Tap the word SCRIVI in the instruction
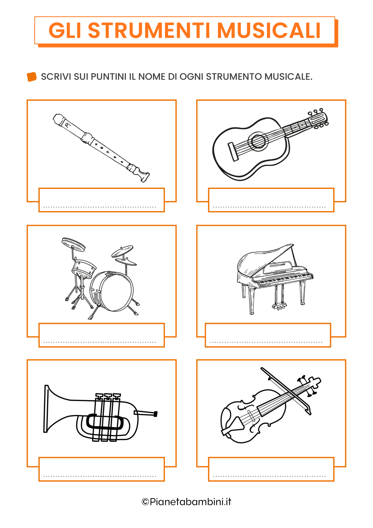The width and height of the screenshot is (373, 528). tap(56, 77)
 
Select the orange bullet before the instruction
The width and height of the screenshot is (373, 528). tap(32, 77)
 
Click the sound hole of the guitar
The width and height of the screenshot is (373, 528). tap(258, 141)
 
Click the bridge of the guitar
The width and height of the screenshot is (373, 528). tap(233, 152)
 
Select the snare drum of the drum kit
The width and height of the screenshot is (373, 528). tap(83, 268)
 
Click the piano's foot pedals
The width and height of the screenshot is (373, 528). tap(279, 307)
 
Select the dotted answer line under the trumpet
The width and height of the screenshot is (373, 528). tap(100, 476)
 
